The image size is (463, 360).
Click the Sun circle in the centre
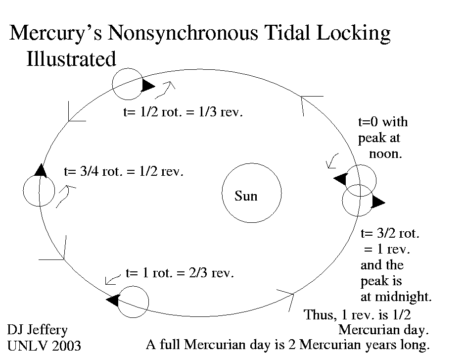[251, 194]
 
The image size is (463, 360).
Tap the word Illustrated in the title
[71, 59]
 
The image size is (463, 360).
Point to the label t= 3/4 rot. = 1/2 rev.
[124, 172]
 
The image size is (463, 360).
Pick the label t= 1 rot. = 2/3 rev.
[180, 273]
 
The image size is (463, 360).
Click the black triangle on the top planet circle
[147, 85]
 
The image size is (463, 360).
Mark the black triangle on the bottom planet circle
[113, 300]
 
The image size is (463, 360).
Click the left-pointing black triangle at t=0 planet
[340, 179]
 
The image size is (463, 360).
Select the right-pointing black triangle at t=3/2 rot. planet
[378, 202]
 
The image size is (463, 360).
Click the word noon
[385, 154]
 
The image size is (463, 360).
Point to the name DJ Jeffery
[37, 330]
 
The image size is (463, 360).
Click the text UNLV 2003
[44, 345]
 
